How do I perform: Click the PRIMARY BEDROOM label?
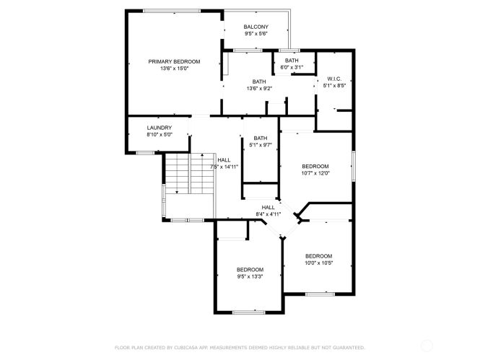[x=174, y=61]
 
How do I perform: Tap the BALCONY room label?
[x=256, y=27]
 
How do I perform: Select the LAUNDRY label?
[x=160, y=128]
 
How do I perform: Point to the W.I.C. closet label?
[x=334, y=79]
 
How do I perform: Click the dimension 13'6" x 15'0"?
[x=174, y=69]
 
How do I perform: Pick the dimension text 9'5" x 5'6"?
[x=256, y=34]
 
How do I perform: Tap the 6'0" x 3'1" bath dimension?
[x=292, y=67]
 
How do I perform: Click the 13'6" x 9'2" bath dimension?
[x=259, y=89]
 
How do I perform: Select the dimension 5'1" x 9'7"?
[x=260, y=145]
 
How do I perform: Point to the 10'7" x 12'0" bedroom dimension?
[x=315, y=173]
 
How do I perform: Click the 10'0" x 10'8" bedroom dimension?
[x=318, y=263]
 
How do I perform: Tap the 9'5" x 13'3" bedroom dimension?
[x=250, y=276]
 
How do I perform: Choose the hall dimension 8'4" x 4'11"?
[x=269, y=214]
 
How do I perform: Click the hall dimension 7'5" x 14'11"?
[x=224, y=167]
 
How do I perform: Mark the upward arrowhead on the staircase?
[x=202, y=155]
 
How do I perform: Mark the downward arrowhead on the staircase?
[x=177, y=192]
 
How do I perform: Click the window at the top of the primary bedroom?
[x=172, y=11]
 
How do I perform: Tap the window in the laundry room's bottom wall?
[x=145, y=153]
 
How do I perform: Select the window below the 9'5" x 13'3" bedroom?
[x=248, y=312]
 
